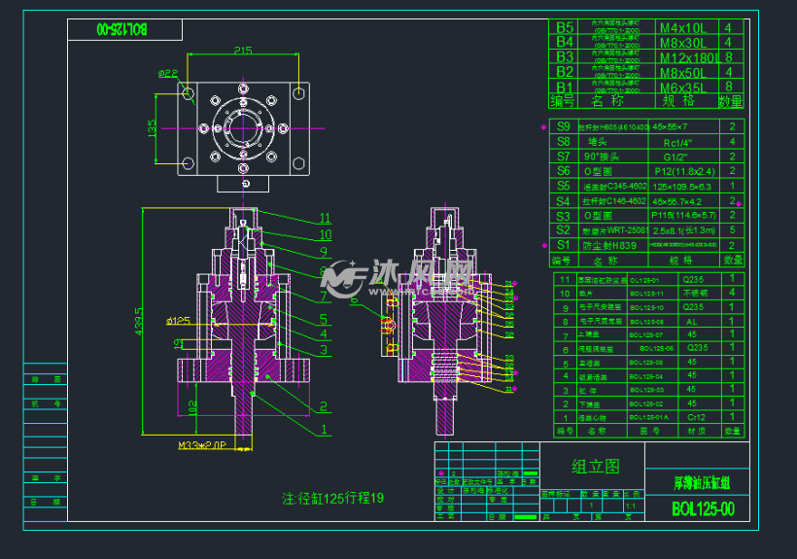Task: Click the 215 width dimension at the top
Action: point(242,51)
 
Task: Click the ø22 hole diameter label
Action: point(168,73)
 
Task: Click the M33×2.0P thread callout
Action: point(203,446)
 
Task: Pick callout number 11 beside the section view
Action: point(325,219)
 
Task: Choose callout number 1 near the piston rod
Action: point(325,426)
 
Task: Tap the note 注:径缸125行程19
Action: point(333,498)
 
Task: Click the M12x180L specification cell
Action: point(687,57)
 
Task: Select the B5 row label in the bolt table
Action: point(564,27)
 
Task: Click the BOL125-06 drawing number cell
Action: point(647,348)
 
